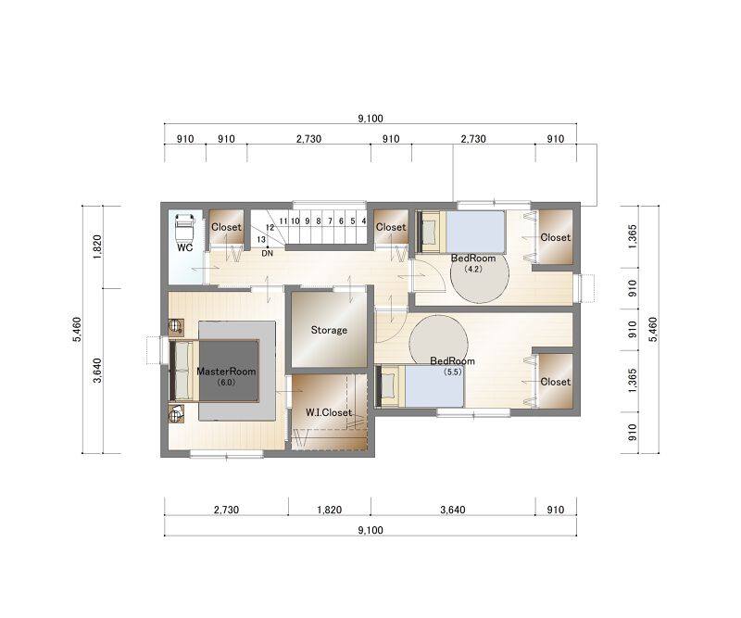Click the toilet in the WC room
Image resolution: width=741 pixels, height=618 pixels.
(x=184, y=227)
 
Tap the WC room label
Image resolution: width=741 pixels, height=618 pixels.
(x=184, y=247)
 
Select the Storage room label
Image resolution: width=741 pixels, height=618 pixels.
(x=329, y=330)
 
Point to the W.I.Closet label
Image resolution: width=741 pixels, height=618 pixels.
(x=329, y=412)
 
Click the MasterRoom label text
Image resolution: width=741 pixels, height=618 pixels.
(x=226, y=372)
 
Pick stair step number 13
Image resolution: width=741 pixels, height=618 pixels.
(x=261, y=240)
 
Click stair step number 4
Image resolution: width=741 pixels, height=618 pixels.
(x=364, y=221)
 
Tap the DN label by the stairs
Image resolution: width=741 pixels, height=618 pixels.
(x=268, y=254)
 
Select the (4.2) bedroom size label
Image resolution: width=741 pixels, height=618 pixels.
(x=473, y=269)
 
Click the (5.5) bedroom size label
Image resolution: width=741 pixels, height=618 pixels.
(x=452, y=372)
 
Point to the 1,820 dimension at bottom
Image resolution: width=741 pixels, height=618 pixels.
(x=330, y=510)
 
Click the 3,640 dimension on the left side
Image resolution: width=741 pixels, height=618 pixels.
(x=97, y=371)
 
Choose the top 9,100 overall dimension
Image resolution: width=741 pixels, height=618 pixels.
(x=370, y=119)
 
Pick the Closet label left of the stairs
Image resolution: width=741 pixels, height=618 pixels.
(x=226, y=227)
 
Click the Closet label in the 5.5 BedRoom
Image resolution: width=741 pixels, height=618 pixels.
(x=555, y=382)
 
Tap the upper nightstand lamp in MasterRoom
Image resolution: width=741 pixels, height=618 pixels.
(x=176, y=325)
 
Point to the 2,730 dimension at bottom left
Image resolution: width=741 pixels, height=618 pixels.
(x=226, y=510)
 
